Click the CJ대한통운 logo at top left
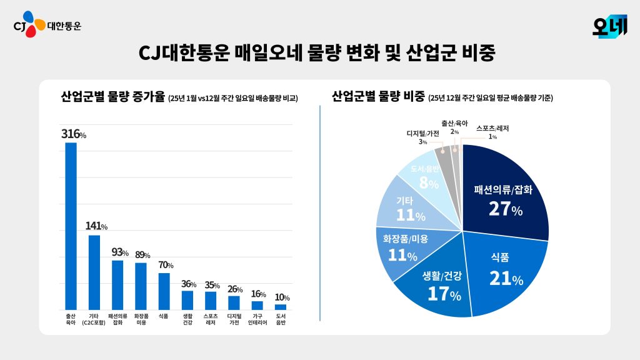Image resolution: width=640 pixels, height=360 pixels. click(x=47, y=26)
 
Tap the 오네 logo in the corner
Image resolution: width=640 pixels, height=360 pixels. click(x=609, y=26)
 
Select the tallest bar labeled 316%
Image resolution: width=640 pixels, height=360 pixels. click(x=71, y=225)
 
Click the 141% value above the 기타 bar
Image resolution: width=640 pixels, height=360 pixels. click(x=96, y=226)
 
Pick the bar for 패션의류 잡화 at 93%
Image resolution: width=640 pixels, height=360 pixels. click(x=117, y=284)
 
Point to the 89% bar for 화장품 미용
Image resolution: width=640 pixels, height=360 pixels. click(x=141, y=286)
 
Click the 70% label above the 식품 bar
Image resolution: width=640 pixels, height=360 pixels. click(x=165, y=265)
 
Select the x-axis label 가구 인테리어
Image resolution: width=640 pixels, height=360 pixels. click(x=257, y=319)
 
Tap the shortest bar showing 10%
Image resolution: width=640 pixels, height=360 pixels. click(x=281, y=307)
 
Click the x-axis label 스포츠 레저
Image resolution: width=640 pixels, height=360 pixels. click(x=211, y=319)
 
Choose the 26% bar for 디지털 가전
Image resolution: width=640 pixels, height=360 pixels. click(x=234, y=302)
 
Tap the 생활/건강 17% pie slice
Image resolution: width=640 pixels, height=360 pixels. click(x=444, y=284)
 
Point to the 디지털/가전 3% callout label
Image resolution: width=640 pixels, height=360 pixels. click(x=423, y=137)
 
